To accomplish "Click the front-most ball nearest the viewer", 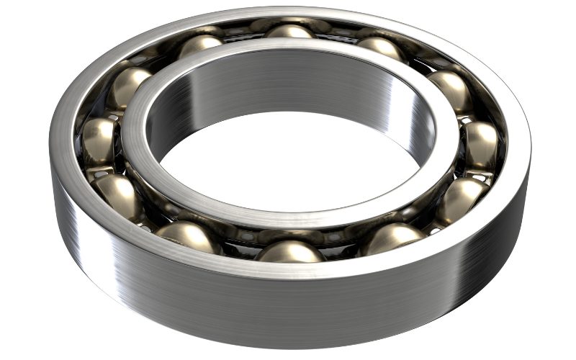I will pos(289,251).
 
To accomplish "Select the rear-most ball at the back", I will pos(289,32).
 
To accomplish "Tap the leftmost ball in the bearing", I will pos(99,138).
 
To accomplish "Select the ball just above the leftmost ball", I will pos(128,86).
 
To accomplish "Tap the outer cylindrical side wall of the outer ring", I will pos(288,317).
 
